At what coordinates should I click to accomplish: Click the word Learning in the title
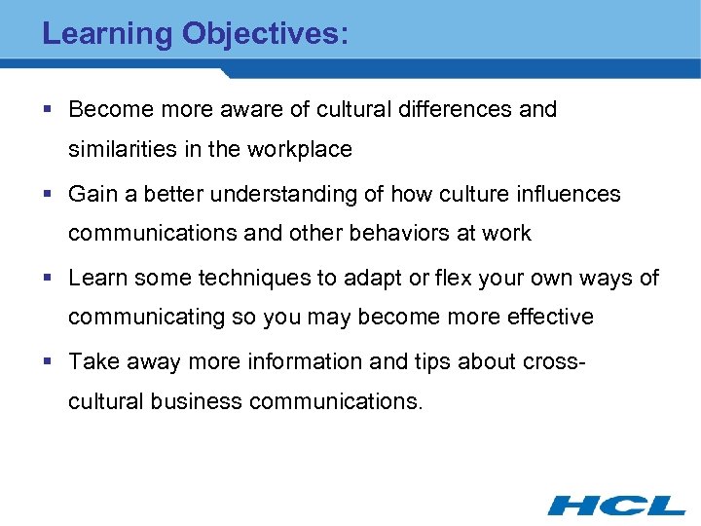107,34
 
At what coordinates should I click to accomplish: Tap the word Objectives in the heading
260,34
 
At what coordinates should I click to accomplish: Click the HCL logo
616,504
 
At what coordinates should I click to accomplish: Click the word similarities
120,150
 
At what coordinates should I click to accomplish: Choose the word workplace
303,150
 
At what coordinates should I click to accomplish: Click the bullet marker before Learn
48,279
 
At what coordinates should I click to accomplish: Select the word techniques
248,279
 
